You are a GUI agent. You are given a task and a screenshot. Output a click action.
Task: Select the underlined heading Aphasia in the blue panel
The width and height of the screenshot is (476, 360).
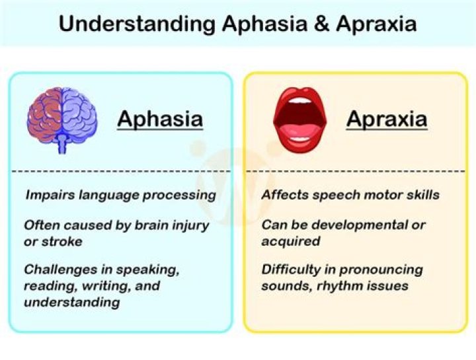(x=159, y=120)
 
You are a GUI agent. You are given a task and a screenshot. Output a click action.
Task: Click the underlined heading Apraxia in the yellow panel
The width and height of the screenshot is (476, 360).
(x=387, y=120)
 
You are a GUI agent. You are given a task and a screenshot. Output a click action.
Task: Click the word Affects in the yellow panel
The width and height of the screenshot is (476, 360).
(x=282, y=196)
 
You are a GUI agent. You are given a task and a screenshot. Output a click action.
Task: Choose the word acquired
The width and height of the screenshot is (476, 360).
(x=291, y=241)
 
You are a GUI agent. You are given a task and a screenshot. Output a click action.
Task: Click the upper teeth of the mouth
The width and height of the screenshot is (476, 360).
(x=300, y=102)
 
